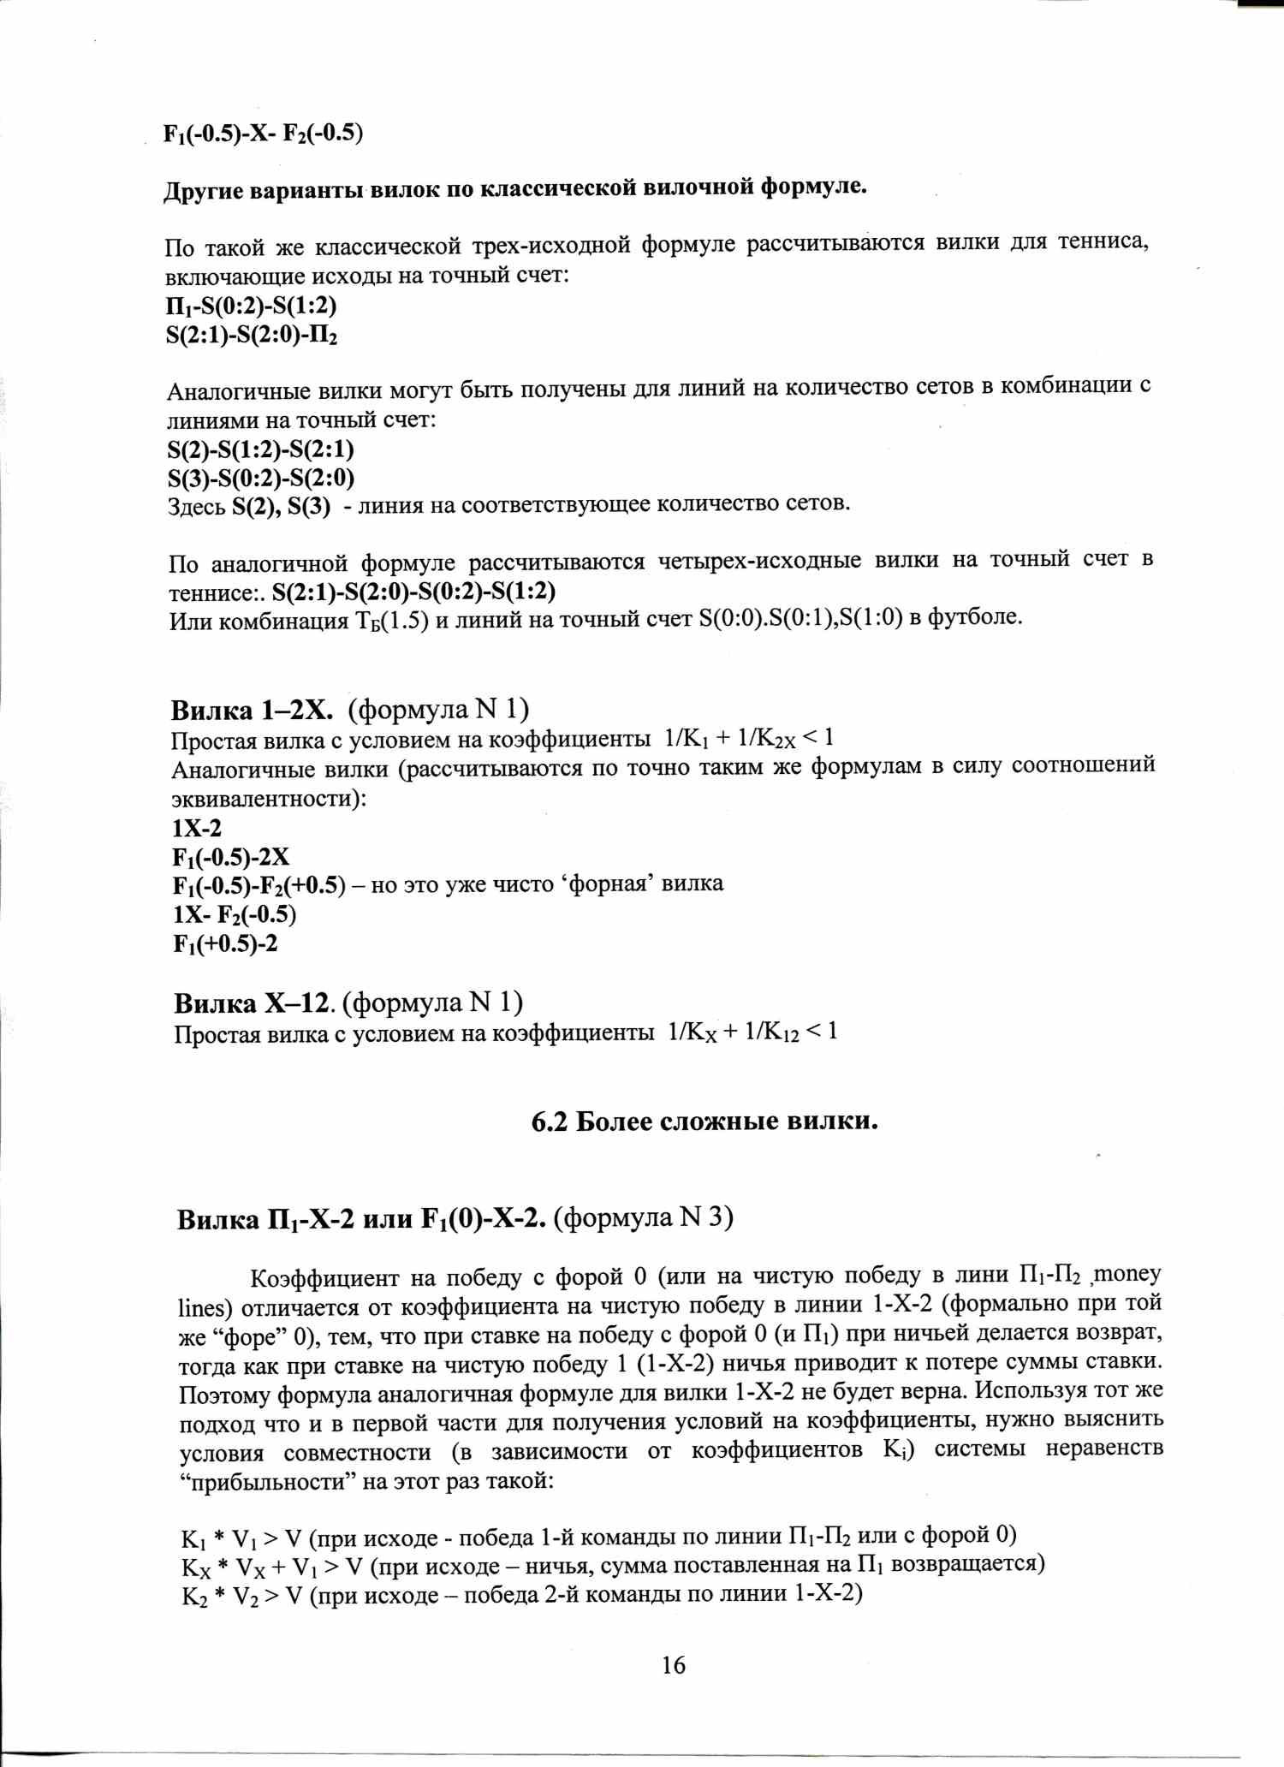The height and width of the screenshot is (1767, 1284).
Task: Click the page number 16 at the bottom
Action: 673,1664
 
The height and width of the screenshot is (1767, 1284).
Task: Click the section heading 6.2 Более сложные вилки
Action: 704,1121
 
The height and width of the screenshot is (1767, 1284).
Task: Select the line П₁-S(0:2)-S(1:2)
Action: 251,305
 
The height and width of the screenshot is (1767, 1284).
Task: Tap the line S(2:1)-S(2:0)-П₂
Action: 252,334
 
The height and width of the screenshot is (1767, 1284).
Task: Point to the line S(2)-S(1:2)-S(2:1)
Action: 260,449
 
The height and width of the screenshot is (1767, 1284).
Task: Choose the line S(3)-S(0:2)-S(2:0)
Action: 260,478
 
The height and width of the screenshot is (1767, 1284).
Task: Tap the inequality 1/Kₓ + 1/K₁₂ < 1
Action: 752,1032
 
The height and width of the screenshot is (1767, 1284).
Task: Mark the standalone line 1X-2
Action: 197,828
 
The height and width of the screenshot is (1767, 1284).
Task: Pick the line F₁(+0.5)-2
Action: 225,943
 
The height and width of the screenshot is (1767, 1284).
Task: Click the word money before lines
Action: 1127,1275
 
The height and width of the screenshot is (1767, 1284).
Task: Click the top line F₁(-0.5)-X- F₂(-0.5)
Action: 264,134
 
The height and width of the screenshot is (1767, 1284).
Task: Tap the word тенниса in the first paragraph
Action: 1103,242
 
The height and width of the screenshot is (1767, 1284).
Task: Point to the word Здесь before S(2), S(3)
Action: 196,507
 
